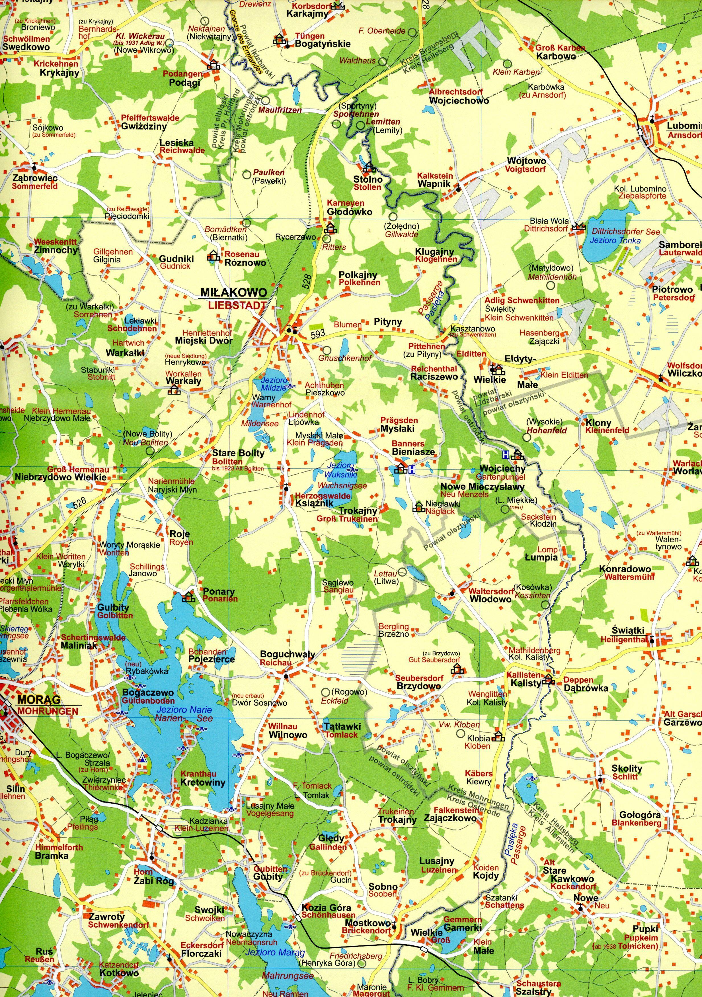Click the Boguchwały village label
click(287, 654)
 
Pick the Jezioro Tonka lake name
click(609, 240)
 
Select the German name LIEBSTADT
click(237, 305)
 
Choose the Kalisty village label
click(526, 683)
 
